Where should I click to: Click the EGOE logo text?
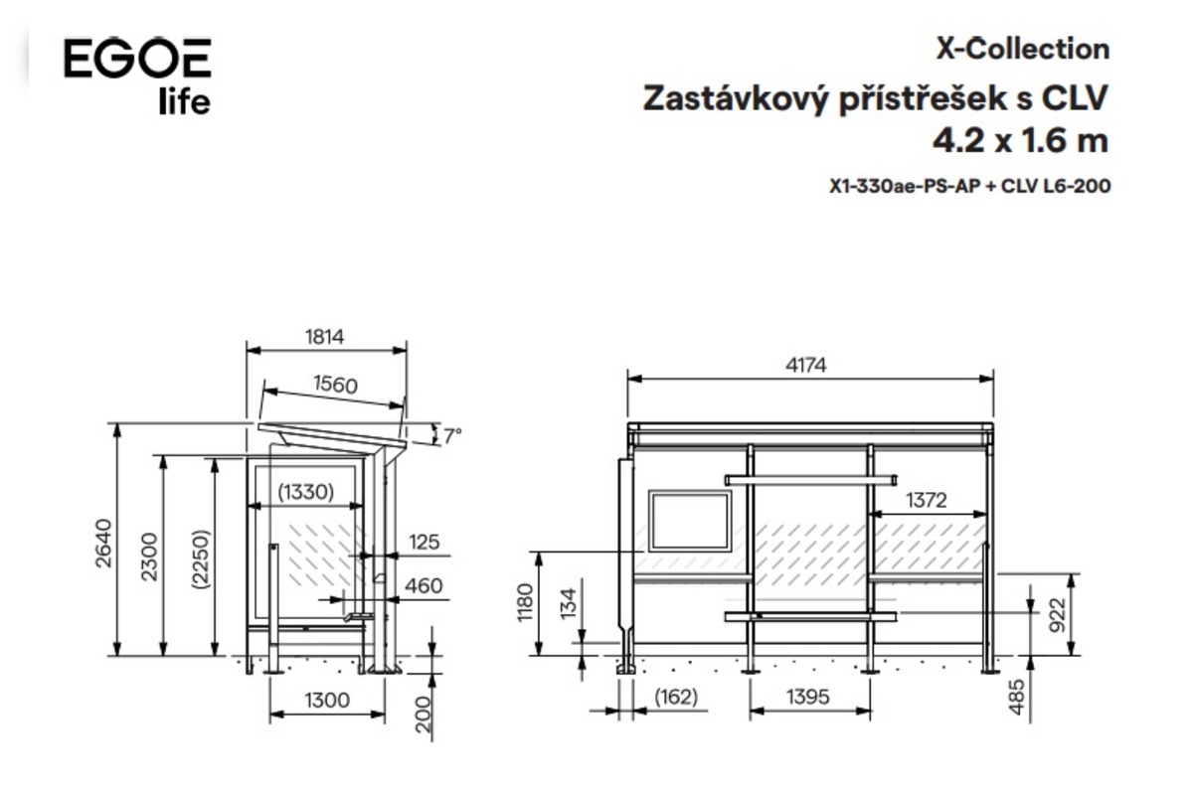tap(137, 58)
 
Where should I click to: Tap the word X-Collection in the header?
tap(1023, 50)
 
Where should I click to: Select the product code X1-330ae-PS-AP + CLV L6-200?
tap(970, 186)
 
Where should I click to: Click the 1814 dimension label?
tap(324, 337)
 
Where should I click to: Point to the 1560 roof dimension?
tap(336, 385)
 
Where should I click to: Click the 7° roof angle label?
tap(452, 436)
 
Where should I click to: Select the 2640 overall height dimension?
tap(103, 544)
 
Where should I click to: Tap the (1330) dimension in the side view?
tap(306, 492)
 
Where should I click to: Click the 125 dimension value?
tap(424, 542)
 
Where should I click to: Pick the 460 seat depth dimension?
tap(424, 585)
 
